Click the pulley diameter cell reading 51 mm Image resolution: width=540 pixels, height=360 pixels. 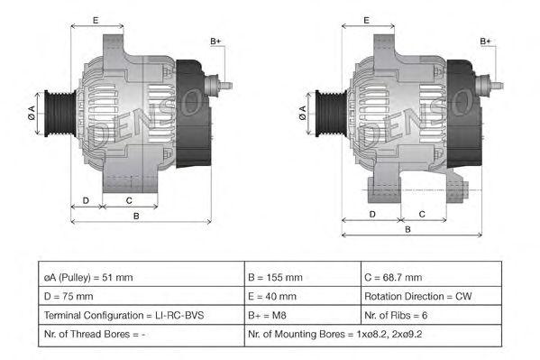[142, 277]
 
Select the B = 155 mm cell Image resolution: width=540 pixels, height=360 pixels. [303, 277]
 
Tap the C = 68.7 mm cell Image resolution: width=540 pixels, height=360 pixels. [431, 277]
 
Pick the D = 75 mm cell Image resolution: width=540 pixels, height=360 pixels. [142, 296]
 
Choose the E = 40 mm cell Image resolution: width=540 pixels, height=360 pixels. [303, 296]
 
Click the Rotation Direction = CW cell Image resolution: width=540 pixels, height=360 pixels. [431, 296]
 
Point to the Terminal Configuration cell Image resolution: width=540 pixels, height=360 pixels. [142, 315]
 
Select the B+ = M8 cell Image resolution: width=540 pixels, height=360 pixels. [303, 315]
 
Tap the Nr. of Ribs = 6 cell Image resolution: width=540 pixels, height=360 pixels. [431, 315]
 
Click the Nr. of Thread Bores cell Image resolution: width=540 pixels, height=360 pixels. [142, 335]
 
